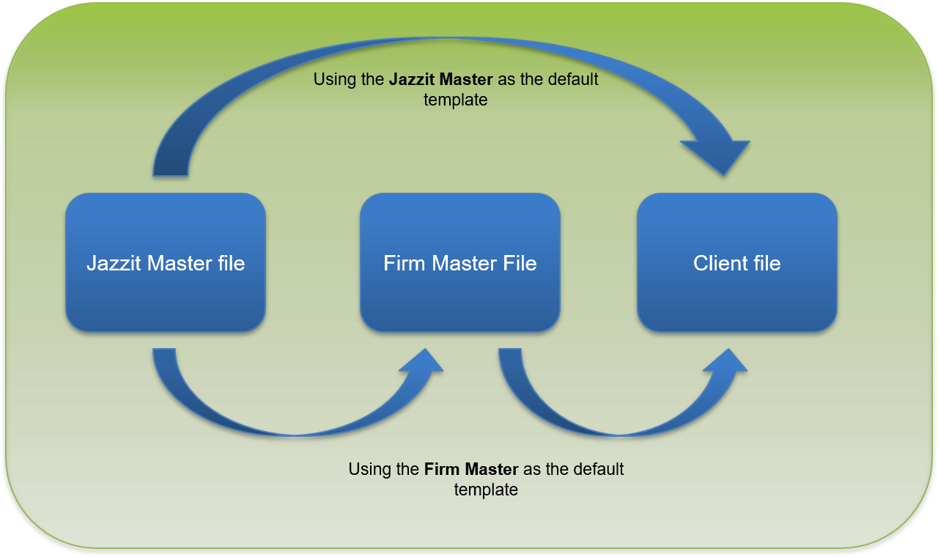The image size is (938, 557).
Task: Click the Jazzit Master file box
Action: click(166, 262)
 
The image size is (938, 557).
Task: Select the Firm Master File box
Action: click(460, 262)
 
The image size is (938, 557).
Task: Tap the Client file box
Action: click(737, 262)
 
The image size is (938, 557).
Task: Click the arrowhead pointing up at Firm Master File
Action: click(421, 362)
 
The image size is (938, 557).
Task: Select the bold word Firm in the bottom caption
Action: click(440, 469)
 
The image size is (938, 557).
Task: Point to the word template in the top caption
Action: click(456, 100)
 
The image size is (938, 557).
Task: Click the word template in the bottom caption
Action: click(486, 490)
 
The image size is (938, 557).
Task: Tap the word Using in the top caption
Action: click(333, 79)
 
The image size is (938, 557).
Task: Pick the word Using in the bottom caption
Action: click(369, 469)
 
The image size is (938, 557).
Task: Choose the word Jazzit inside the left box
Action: click(113, 263)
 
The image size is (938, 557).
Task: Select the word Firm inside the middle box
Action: click(405, 263)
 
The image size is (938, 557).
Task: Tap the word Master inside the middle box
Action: click(462, 263)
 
